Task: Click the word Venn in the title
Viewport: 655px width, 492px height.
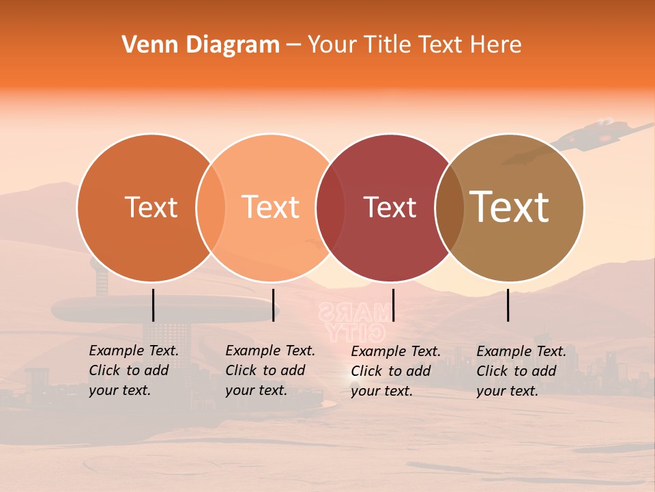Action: tap(145, 45)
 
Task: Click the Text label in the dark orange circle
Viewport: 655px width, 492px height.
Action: tap(151, 207)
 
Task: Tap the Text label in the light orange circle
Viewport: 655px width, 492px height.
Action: tap(270, 207)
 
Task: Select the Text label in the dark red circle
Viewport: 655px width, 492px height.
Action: tap(390, 207)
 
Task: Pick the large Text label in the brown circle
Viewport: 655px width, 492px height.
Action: tap(509, 207)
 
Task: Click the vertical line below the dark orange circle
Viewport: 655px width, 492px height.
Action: tap(154, 305)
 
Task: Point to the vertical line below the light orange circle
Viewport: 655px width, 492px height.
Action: tap(273, 305)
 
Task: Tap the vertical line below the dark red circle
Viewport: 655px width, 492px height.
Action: tap(393, 305)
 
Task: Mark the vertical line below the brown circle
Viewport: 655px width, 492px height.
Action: tap(508, 305)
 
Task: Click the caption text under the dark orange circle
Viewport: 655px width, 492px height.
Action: tap(133, 370)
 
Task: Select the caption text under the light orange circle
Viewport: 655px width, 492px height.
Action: tap(270, 370)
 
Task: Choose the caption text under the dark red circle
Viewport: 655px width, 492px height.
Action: tap(395, 371)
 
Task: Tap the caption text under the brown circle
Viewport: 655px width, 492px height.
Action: tap(521, 371)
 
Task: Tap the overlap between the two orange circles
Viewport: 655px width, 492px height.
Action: tap(211, 208)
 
